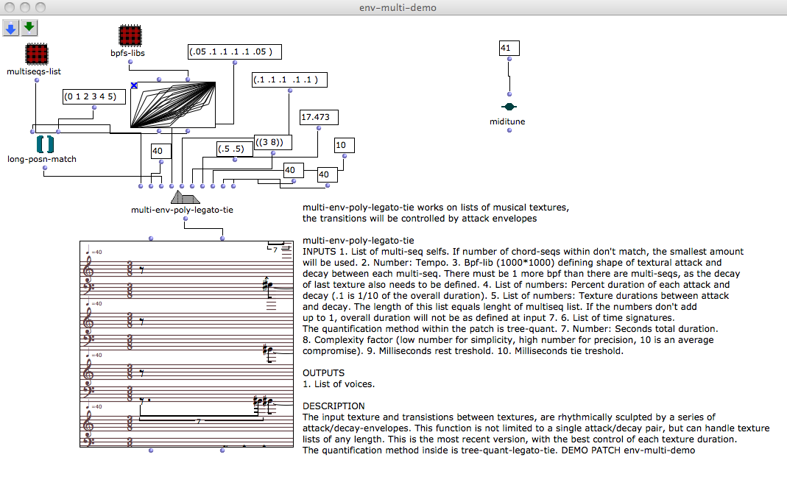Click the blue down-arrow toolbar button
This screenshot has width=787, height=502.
(11, 28)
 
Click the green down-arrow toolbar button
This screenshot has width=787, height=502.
(29, 28)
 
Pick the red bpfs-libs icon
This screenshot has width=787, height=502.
(130, 36)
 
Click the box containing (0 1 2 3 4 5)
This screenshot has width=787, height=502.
(89, 96)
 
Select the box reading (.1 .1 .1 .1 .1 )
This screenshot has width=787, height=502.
(289, 79)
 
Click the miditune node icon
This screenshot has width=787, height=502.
(508, 107)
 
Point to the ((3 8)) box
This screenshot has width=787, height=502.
(272, 142)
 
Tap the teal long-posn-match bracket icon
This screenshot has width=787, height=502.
(44, 144)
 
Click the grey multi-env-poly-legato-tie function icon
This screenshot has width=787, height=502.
(185, 197)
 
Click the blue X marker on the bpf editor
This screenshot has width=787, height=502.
(134, 85)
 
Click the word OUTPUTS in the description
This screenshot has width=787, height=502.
(324, 373)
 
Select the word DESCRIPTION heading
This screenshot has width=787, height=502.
(333, 406)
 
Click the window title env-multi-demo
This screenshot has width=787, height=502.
(393, 7)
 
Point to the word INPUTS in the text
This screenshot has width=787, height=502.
(319, 252)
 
